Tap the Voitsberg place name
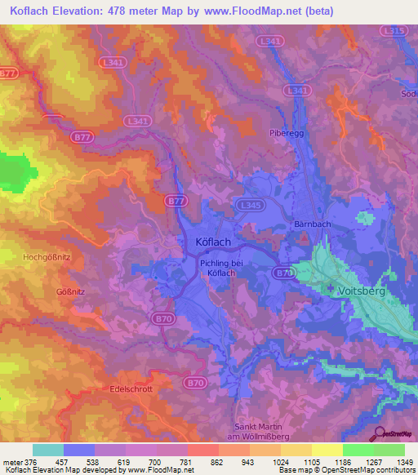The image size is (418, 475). click(360, 290)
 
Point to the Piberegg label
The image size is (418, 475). click(286, 132)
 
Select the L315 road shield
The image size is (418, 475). click(394, 30)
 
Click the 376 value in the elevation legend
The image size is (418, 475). click(31, 461)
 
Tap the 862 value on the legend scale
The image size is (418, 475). click(218, 461)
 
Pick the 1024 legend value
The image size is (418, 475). click(280, 461)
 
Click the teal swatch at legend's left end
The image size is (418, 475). click(47, 450)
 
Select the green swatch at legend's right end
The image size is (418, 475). click(389, 450)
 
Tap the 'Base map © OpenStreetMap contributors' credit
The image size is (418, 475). click(346, 470)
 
